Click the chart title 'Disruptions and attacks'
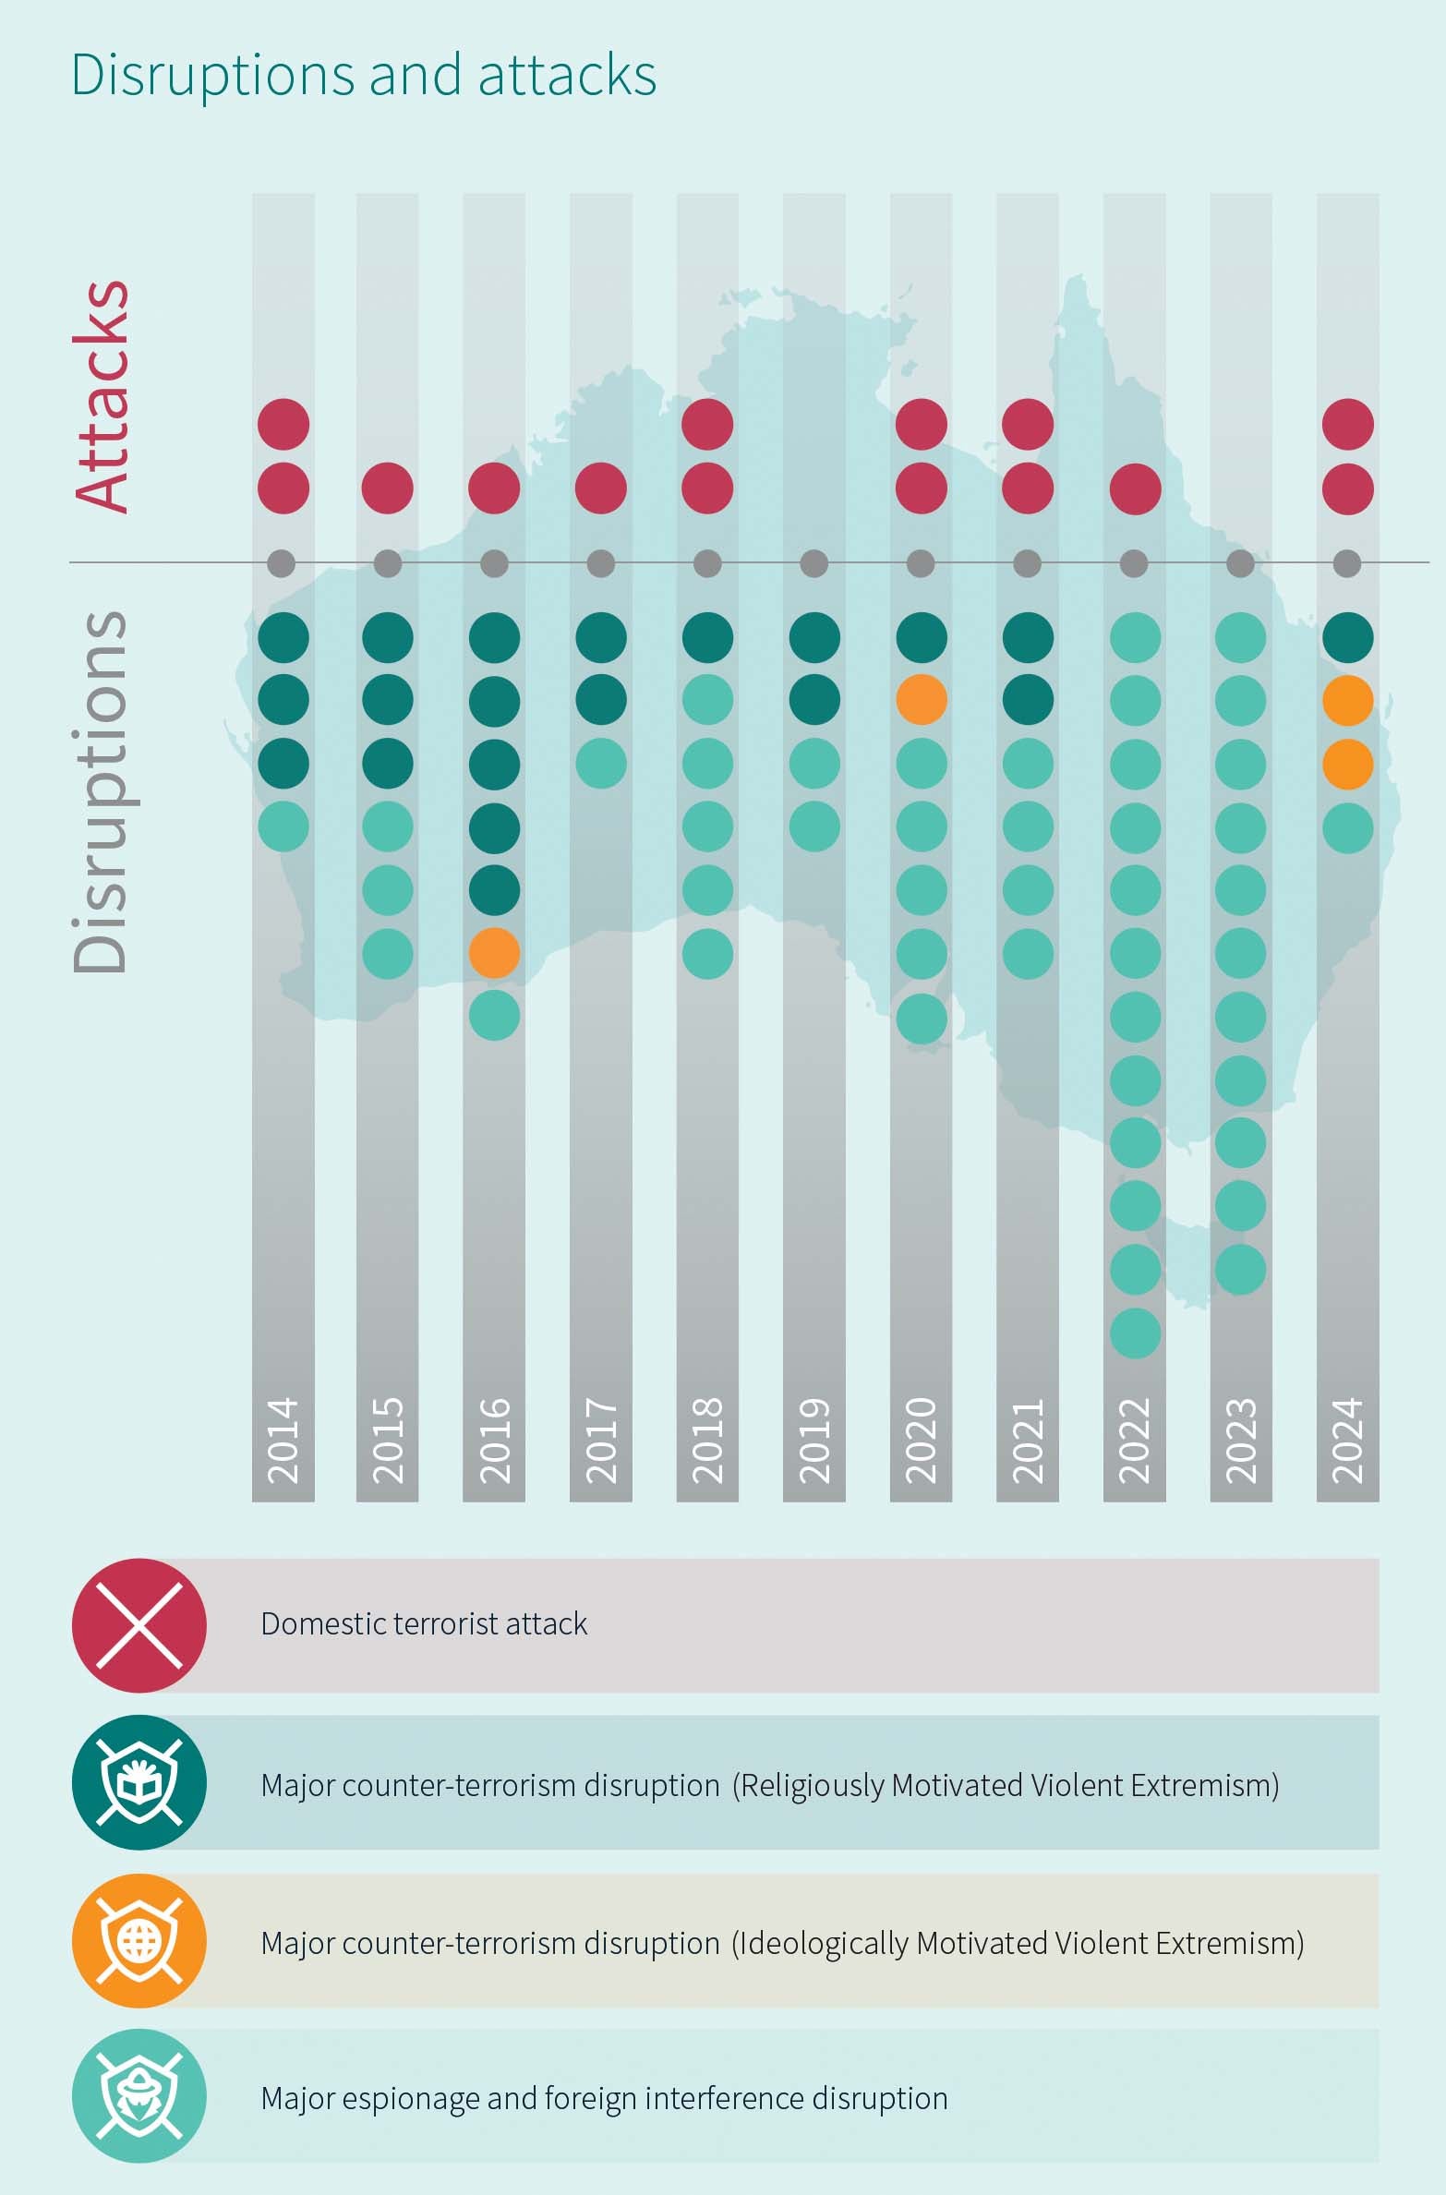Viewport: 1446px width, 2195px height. [x=364, y=75]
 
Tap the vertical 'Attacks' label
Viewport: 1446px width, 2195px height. [x=102, y=395]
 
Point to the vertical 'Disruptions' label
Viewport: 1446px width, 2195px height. [x=100, y=790]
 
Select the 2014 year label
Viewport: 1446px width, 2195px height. [x=283, y=1441]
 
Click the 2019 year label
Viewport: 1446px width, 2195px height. [x=814, y=1441]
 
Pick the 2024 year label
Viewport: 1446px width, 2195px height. [x=1348, y=1441]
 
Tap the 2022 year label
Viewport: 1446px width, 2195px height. [x=1135, y=1441]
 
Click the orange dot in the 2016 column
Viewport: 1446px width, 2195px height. [x=494, y=953]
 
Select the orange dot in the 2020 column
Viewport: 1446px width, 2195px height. [x=922, y=700]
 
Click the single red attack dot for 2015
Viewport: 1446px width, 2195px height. [x=388, y=488]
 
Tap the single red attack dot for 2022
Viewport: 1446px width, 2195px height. [x=1135, y=488]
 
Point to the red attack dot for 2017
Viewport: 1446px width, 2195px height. [x=601, y=488]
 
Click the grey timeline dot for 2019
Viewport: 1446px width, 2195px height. [x=814, y=563]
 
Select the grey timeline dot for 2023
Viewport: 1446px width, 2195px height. [x=1240, y=563]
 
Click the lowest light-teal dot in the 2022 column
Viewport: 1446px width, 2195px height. [x=1135, y=1333]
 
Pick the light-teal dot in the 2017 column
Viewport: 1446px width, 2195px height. [x=601, y=764]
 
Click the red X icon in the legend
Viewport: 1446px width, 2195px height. [x=139, y=1626]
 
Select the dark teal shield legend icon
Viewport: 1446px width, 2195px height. [x=139, y=1782]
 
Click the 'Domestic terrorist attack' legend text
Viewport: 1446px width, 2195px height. [x=424, y=1624]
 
